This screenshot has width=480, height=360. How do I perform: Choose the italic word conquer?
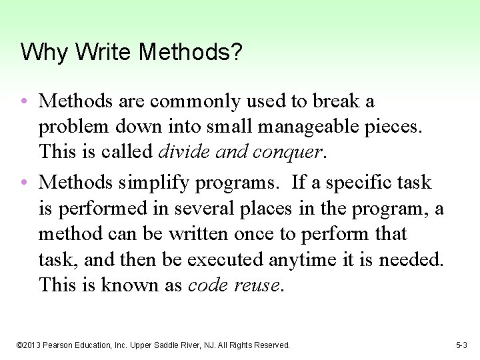point(290,152)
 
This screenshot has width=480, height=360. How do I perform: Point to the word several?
point(203,209)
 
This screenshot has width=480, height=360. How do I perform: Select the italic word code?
point(209,285)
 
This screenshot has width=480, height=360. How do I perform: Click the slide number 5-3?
point(461,345)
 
